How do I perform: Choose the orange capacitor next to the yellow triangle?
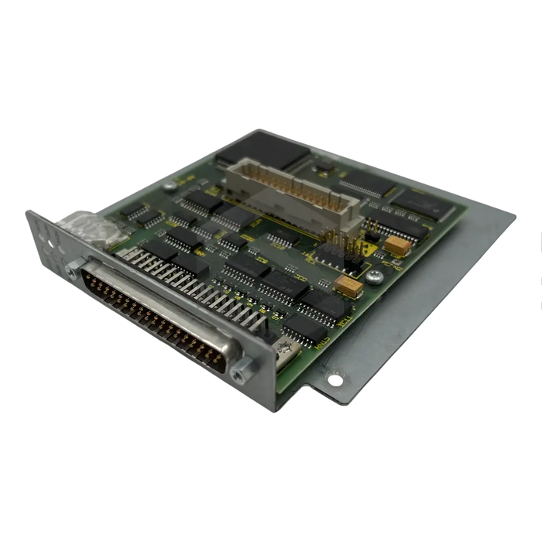click(396, 244)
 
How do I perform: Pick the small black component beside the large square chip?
click(324, 164)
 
